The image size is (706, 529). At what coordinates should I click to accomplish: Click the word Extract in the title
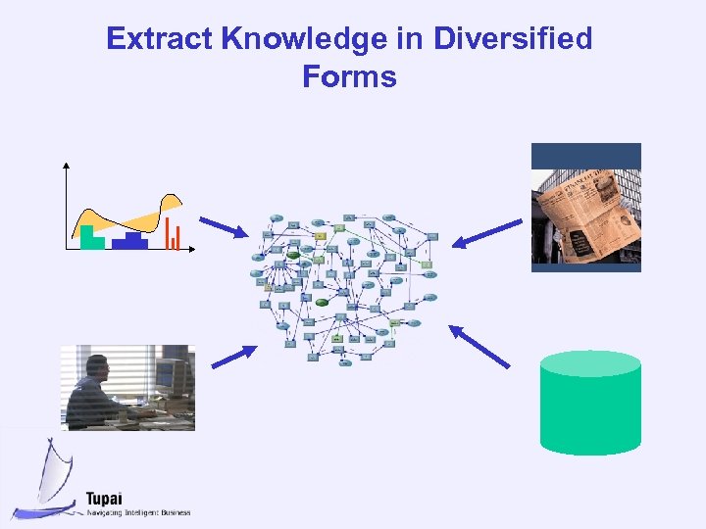[160, 39]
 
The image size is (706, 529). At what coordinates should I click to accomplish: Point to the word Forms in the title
[350, 76]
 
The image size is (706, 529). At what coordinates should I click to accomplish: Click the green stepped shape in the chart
[91, 238]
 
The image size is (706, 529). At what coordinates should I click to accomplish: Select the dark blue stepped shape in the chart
[129, 241]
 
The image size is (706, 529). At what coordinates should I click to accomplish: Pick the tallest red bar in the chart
[168, 232]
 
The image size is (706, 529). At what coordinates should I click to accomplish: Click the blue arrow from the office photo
[234, 357]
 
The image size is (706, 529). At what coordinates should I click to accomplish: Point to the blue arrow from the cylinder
[479, 346]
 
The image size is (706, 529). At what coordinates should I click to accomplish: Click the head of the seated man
[96, 368]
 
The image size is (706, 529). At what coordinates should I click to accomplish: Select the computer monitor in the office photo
[169, 376]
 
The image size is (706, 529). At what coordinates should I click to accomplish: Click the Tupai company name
[105, 497]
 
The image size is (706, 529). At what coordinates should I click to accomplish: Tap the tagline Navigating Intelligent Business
[137, 512]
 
